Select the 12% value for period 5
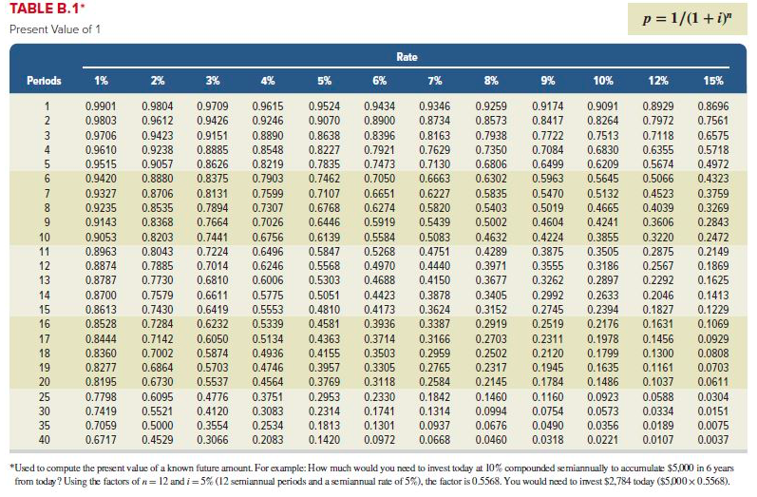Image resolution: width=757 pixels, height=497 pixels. point(659,164)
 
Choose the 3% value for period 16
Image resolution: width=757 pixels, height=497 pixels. point(213,324)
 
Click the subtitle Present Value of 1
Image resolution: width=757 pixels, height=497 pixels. point(54,29)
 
